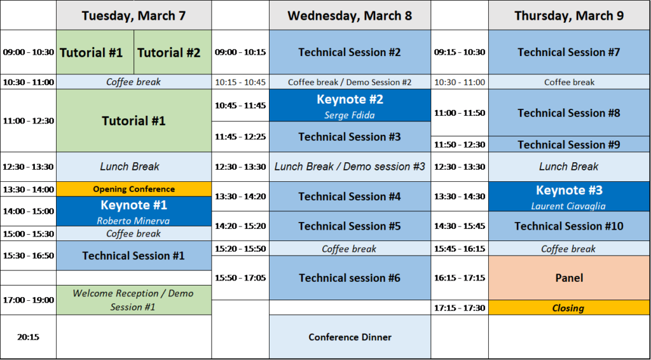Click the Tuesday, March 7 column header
134,15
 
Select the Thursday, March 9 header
569,15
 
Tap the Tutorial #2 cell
173,52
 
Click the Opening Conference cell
134,190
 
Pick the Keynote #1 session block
134,211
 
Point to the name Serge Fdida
350,115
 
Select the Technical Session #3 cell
350,137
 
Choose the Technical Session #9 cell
569,144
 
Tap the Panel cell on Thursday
569,278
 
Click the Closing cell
569,308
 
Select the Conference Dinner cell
350,336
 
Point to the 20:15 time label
28,337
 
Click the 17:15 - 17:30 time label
460,308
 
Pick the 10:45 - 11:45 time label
240,106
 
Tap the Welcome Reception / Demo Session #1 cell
134,300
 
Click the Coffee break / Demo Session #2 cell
350,82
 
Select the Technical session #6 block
350,278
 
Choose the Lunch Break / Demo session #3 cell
350,167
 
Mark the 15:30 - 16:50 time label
28,256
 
